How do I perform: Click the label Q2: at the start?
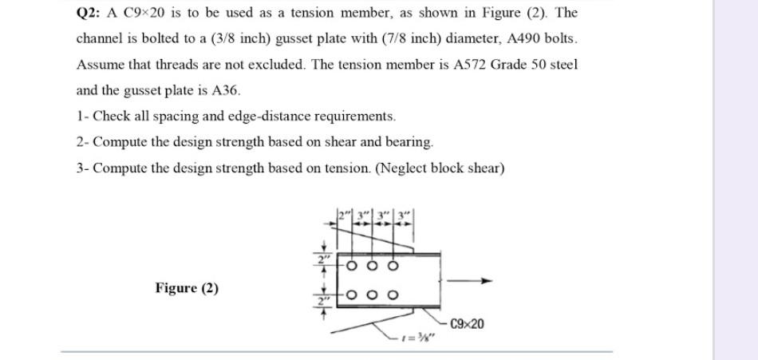[x=88, y=14]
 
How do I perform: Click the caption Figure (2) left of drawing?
[x=187, y=287]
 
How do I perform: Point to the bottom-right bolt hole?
[x=392, y=295]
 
